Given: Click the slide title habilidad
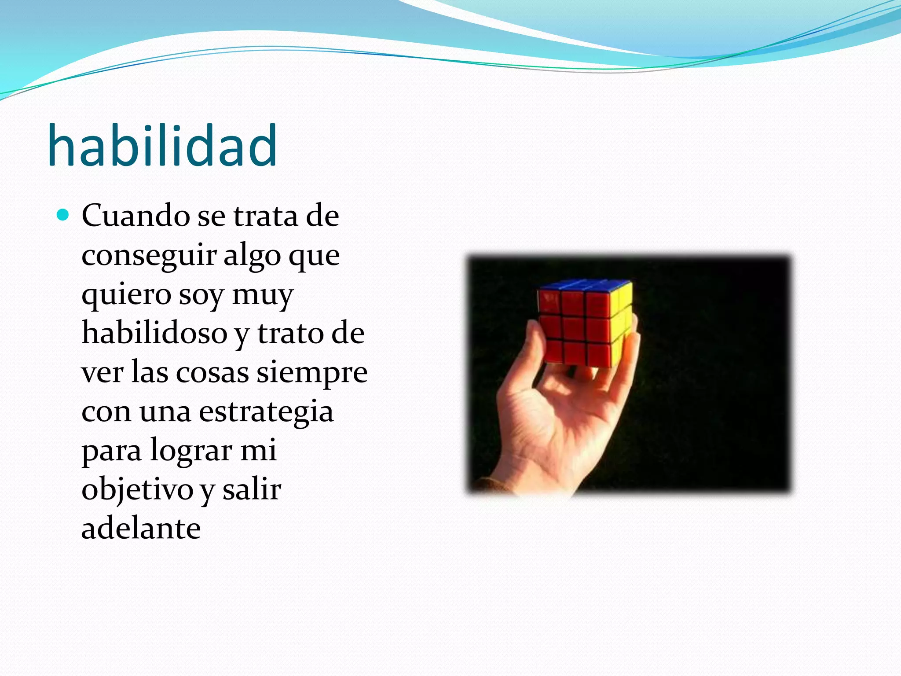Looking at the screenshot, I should point(162,146).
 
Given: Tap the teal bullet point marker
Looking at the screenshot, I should point(63,215).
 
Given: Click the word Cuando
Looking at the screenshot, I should point(136,216).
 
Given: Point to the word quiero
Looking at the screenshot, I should point(126,295).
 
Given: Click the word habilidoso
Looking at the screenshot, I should point(154,333).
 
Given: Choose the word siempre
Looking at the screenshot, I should point(312,373).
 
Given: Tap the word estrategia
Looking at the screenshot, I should point(266,412).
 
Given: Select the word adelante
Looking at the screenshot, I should point(141,528).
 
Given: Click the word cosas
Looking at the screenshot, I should point(212,373).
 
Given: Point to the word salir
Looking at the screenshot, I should point(252,489).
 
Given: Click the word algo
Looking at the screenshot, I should point(252,256).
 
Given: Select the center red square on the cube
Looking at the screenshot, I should point(574,327).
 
